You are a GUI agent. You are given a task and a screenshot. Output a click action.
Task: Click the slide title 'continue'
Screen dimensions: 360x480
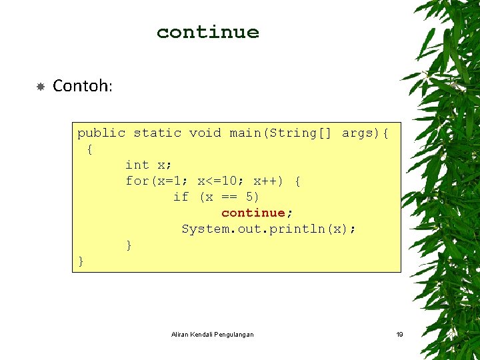click(207, 32)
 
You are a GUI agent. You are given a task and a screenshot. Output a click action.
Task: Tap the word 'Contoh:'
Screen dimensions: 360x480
click(83, 86)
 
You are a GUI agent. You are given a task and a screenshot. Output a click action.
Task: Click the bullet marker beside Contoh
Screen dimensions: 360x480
click(40, 87)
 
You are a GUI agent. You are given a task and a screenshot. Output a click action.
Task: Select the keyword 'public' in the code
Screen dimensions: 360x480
click(101, 133)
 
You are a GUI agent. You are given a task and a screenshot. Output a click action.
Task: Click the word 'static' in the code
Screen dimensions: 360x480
click(157, 133)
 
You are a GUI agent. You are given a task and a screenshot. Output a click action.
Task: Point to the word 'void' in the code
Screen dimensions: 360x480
click(205, 133)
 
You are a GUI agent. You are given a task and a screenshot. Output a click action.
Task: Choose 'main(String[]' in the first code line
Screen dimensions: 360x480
click(280, 133)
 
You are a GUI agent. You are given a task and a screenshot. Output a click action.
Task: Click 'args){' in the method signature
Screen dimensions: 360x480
click(365, 133)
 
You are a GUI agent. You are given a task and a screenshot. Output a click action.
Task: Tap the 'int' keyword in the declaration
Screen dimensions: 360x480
click(137, 165)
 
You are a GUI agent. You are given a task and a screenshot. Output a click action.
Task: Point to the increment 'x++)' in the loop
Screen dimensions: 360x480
click(268, 181)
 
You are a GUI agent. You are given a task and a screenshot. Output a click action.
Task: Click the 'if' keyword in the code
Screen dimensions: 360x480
click(181, 197)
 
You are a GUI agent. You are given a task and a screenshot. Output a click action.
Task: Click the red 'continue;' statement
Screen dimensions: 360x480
click(257, 213)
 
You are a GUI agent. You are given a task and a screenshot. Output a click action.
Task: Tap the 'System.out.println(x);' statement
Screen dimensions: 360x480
click(269, 229)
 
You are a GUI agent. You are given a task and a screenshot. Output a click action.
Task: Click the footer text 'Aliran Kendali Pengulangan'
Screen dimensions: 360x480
click(212, 334)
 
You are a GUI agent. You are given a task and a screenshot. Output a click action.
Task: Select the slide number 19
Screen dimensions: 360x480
click(399, 334)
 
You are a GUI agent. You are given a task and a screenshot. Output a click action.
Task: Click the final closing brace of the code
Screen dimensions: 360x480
click(81, 261)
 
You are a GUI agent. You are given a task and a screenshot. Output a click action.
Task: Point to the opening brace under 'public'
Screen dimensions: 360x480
click(90, 149)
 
